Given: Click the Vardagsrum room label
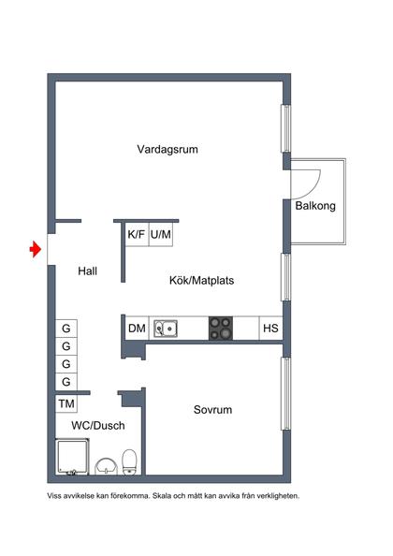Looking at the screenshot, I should [x=167, y=149].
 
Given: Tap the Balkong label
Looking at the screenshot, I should [x=315, y=206].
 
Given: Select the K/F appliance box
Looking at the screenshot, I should [x=137, y=234].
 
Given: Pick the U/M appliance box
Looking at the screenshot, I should [x=161, y=234].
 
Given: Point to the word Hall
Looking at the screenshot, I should [x=88, y=271].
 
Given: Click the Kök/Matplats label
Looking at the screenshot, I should [x=201, y=280].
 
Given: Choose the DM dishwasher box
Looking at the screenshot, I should [x=137, y=329].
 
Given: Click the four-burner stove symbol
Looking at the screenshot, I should [x=221, y=329].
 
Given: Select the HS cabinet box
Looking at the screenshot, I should [x=270, y=329].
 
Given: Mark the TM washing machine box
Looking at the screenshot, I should [x=65, y=403].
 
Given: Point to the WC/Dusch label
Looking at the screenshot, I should [x=96, y=426].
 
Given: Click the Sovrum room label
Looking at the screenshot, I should [x=212, y=410].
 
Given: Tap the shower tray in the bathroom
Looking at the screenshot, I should [x=72, y=458].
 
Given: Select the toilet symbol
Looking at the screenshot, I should [x=130, y=460].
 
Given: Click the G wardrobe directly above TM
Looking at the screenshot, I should [x=65, y=382].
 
